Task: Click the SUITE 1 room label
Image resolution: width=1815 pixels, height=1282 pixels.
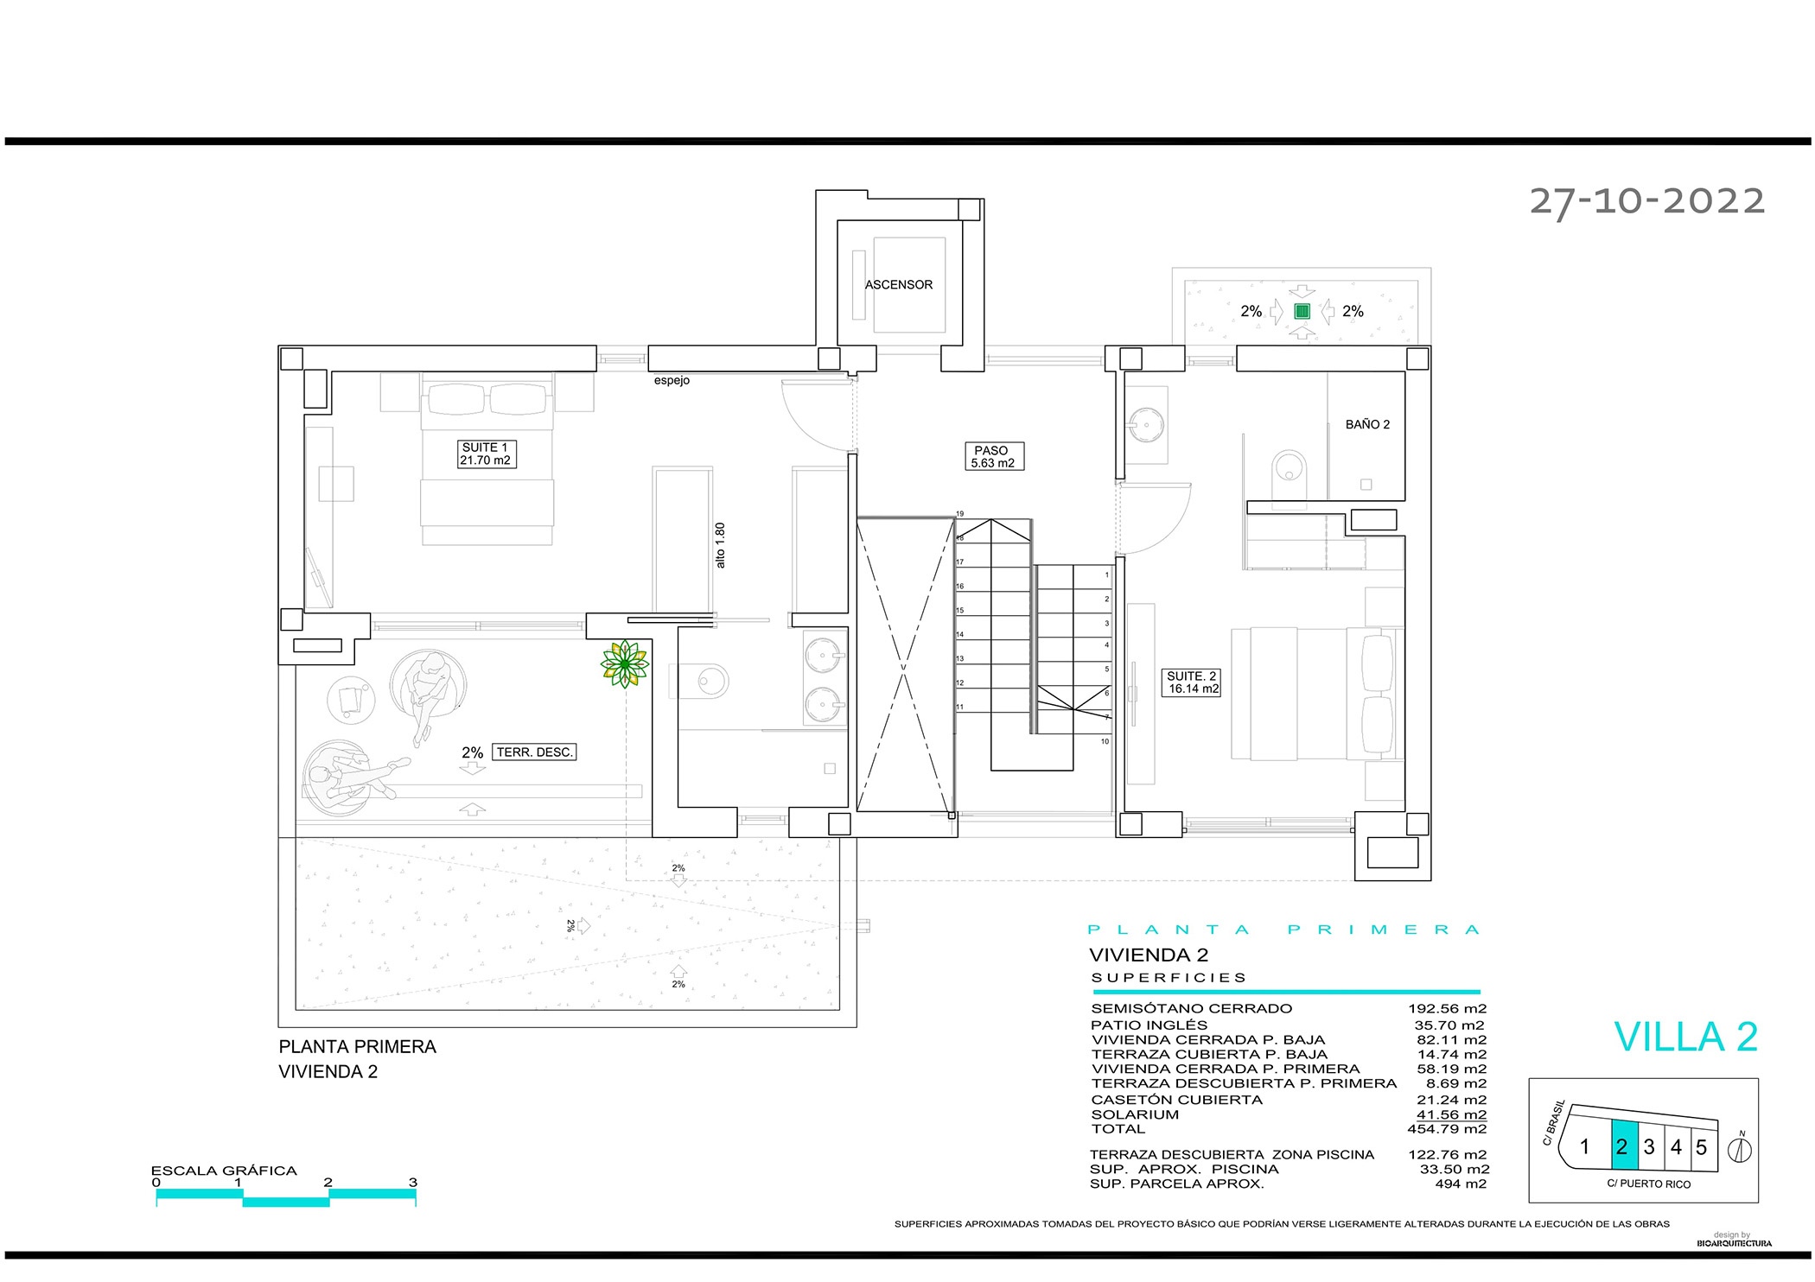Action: tap(487, 454)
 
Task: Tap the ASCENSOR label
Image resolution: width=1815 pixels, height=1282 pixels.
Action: tap(899, 284)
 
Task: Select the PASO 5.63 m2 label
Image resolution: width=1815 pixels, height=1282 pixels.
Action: tap(993, 456)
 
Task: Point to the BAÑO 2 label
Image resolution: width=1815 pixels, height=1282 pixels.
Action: tap(1367, 424)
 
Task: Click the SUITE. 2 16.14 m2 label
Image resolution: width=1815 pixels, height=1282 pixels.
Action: tap(1192, 682)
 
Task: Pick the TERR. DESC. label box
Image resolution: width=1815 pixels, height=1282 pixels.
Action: tap(534, 752)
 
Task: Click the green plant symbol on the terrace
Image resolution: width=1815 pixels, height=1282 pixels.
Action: tap(625, 664)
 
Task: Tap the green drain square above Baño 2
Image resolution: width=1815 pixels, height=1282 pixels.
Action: tap(1302, 311)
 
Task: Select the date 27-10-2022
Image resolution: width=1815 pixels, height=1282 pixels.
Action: tap(1646, 201)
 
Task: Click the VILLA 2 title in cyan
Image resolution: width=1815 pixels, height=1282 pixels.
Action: tap(1685, 1037)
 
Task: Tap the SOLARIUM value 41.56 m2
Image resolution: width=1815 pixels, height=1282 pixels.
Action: tap(1451, 1114)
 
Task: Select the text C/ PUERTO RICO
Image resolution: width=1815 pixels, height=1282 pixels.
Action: tap(1648, 1184)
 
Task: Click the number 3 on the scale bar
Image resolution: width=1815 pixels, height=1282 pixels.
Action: tap(413, 1183)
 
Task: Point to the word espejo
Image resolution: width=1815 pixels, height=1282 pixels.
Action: tap(672, 381)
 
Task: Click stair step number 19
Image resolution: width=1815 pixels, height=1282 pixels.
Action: tap(959, 514)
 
